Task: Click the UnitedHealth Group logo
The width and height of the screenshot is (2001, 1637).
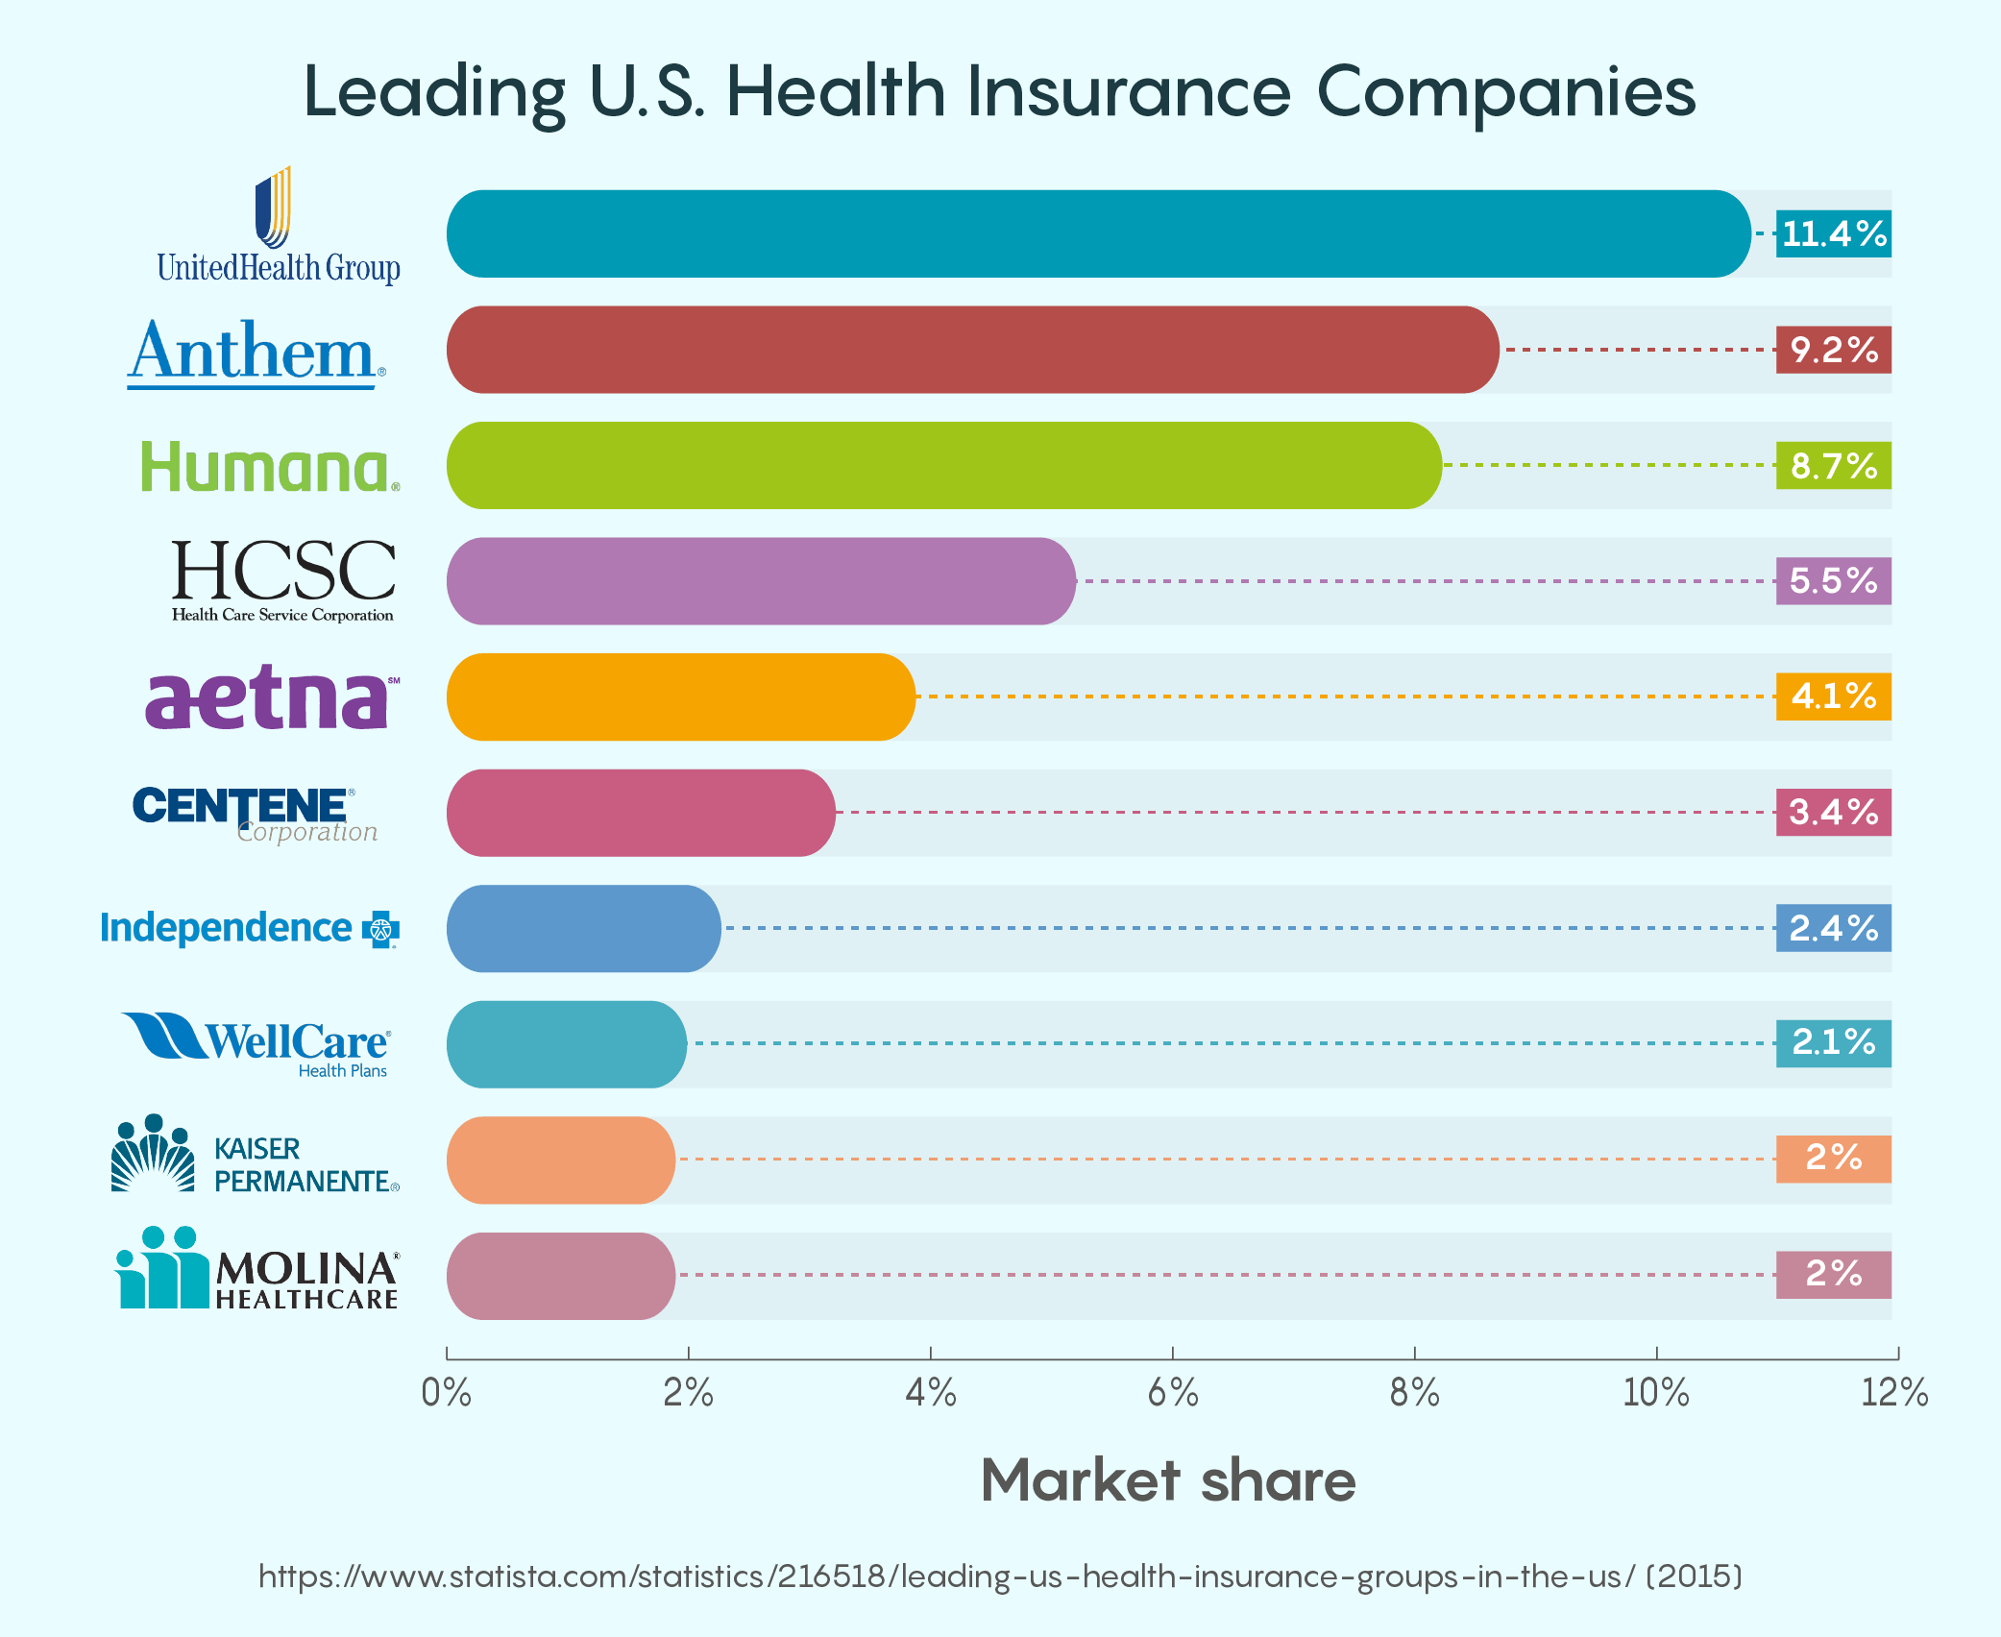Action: click(x=278, y=228)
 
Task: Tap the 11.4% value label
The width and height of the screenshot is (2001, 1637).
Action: click(x=1833, y=233)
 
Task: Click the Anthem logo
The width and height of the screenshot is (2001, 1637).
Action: click(x=256, y=353)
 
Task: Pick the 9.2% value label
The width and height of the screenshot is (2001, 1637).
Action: click(x=1833, y=350)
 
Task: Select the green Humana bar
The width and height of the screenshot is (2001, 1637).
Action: click(x=944, y=465)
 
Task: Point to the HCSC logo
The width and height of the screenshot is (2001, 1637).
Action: click(x=282, y=580)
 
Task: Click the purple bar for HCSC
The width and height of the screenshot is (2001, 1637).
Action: click(x=761, y=581)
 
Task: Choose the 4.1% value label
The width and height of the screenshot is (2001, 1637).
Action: click(x=1833, y=696)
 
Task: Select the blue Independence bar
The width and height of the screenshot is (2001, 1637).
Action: click(x=583, y=928)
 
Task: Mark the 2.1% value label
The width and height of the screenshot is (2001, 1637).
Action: click(x=1833, y=1043)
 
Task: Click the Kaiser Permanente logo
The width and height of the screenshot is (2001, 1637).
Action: click(x=256, y=1156)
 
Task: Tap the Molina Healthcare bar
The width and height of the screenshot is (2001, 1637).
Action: click(x=561, y=1276)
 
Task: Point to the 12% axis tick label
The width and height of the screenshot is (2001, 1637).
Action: click(x=1894, y=1392)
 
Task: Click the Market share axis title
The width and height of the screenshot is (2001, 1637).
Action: click(x=1168, y=1480)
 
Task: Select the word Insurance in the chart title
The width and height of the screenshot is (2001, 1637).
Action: click(x=1129, y=92)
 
